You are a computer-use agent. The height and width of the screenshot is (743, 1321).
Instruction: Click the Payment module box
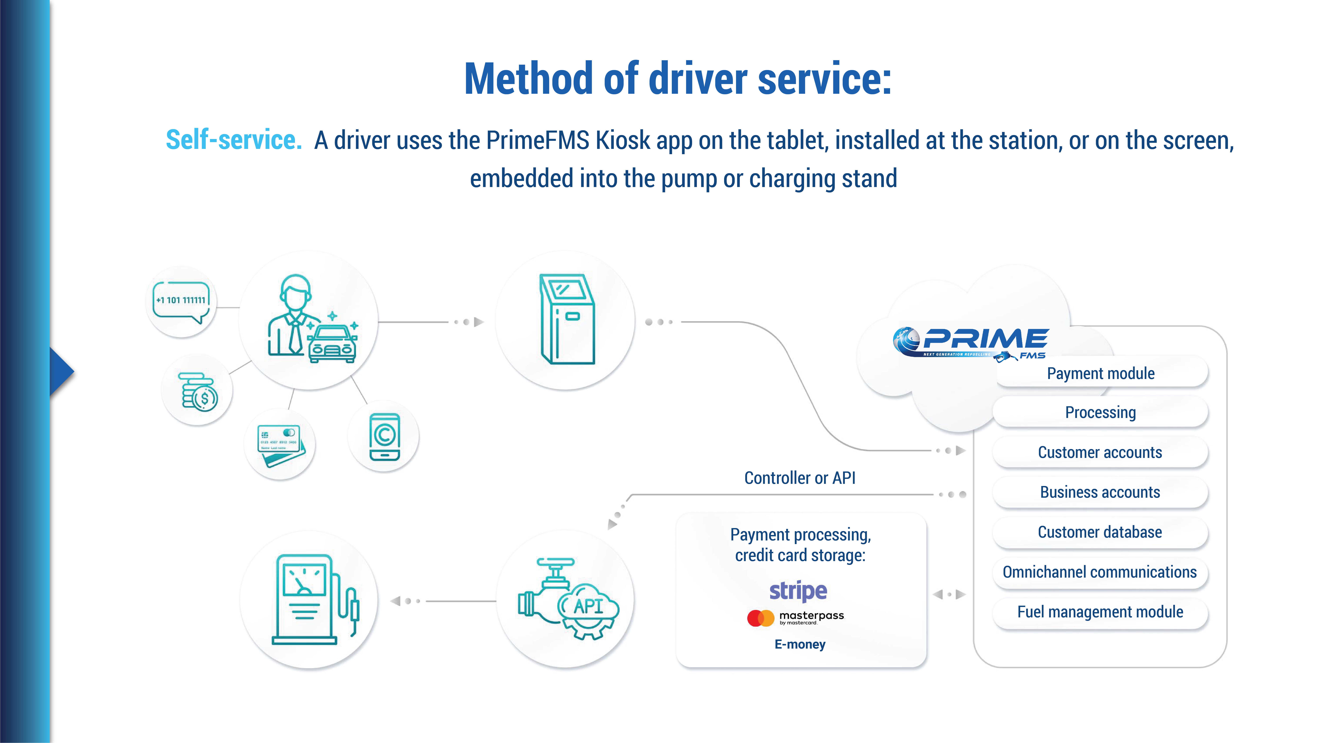pos(1100,373)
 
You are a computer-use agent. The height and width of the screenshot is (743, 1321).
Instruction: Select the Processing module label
pos(1100,412)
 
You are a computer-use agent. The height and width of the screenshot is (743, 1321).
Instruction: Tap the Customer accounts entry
pos(1100,452)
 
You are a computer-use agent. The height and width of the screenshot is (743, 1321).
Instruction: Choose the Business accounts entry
pos(1100,492)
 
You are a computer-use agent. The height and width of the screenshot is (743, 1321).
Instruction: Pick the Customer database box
pos(1100,532)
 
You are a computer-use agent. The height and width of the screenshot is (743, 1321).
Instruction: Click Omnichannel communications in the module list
pos(1100,572)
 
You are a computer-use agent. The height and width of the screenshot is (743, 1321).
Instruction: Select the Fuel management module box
pos(1100,612)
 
